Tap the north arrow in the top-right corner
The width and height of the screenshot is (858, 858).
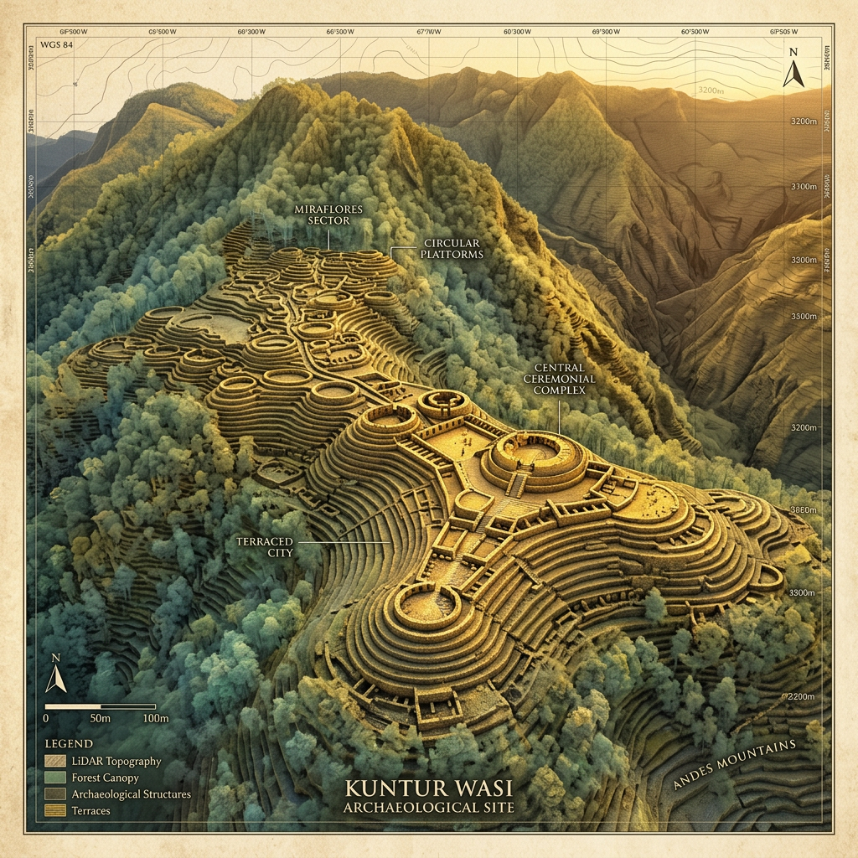tap(793, 69)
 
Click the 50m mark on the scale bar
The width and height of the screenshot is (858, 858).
tap(101, 719)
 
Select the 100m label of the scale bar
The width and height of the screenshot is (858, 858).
tap(155, 719)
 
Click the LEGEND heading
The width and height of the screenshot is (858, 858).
tap(69, 743)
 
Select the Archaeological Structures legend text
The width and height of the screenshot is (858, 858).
tap(131, 793)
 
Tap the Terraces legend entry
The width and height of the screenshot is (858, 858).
tap(90, 810)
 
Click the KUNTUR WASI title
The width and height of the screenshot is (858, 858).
tap(429, 789)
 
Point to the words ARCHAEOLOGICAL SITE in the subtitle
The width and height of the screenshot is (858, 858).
tap(429, 808)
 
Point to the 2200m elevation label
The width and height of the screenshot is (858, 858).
tap(806, 697)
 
